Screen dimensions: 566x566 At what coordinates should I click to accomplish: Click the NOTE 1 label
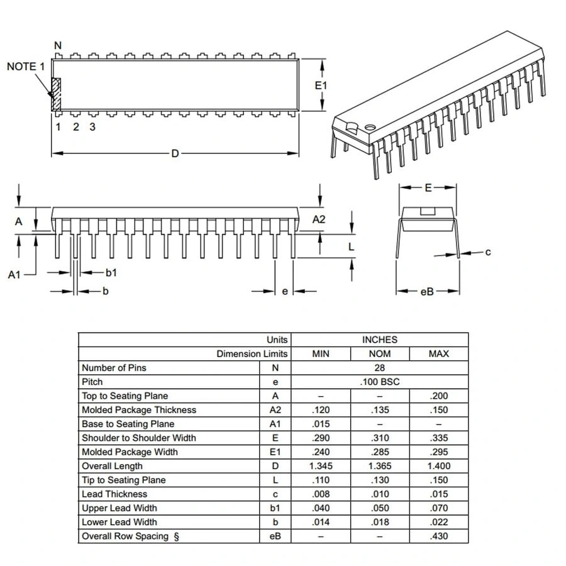(26, 66)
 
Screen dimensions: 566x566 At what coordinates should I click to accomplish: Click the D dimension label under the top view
(175, 153)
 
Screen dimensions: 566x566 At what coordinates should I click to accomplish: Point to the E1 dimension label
(321, 85)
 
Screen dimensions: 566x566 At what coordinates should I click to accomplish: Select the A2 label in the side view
(319, 219)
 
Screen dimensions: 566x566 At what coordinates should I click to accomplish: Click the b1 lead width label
(111, 272)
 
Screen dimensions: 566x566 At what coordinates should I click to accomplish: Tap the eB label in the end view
(427, 291)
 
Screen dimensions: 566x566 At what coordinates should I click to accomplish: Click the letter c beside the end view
(488, 252)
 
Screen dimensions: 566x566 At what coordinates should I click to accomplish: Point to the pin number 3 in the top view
(92, 127)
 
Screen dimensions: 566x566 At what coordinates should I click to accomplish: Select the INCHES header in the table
(379, 340)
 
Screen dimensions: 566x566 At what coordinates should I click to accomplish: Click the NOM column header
(379, 354)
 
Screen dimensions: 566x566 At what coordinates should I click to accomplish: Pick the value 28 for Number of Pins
(379, 368)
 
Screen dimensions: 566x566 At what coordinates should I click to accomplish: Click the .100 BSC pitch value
(379, 382)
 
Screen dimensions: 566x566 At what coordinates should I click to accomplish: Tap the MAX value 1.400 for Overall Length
(438, 466)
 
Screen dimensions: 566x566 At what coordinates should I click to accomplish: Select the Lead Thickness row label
(114, 494)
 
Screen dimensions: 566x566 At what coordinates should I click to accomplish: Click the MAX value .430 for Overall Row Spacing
(438, 536)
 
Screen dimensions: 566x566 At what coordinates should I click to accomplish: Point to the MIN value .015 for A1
(321, 424)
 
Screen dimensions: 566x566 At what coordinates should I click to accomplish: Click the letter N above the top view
(58, 45)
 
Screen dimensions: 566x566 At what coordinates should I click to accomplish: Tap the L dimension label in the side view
(352, 247)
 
